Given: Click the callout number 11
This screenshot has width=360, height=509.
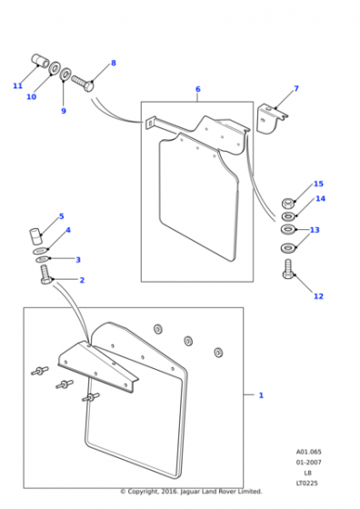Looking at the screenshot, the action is click(17, 86).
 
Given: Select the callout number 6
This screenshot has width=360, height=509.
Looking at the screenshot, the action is click(198, 89).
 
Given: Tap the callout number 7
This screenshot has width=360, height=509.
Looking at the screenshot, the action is click(296, 88).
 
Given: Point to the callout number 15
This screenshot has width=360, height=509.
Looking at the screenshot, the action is click(318, 184).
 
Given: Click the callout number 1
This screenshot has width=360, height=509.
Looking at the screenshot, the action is click(261, 395).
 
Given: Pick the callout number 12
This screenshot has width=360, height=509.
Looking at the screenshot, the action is click(318, 296).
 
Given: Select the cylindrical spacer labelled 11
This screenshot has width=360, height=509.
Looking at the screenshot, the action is click(40, 60).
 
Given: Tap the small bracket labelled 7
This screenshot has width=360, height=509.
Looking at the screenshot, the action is click(270, 118).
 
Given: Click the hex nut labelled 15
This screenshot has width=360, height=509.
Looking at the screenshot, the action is click(288, 204).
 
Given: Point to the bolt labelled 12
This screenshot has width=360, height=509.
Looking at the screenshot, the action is click(288, 269).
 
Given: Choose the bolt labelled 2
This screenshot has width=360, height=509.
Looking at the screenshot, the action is click(46, 274).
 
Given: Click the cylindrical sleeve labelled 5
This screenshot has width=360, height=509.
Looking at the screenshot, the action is click(35, 236).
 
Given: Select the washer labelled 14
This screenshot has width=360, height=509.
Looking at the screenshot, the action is click(288, 216).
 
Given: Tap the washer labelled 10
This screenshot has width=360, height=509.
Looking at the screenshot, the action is click(55, 67).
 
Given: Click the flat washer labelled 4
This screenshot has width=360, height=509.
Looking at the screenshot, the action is click(41, 251).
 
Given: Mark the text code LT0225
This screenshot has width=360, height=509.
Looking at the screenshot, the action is click(306, 483).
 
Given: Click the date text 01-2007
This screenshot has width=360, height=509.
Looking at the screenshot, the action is click(308, 463).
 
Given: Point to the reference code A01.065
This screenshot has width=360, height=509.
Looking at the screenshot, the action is click(308, 452).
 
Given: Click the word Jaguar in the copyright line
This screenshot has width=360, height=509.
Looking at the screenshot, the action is click(190, 492).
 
